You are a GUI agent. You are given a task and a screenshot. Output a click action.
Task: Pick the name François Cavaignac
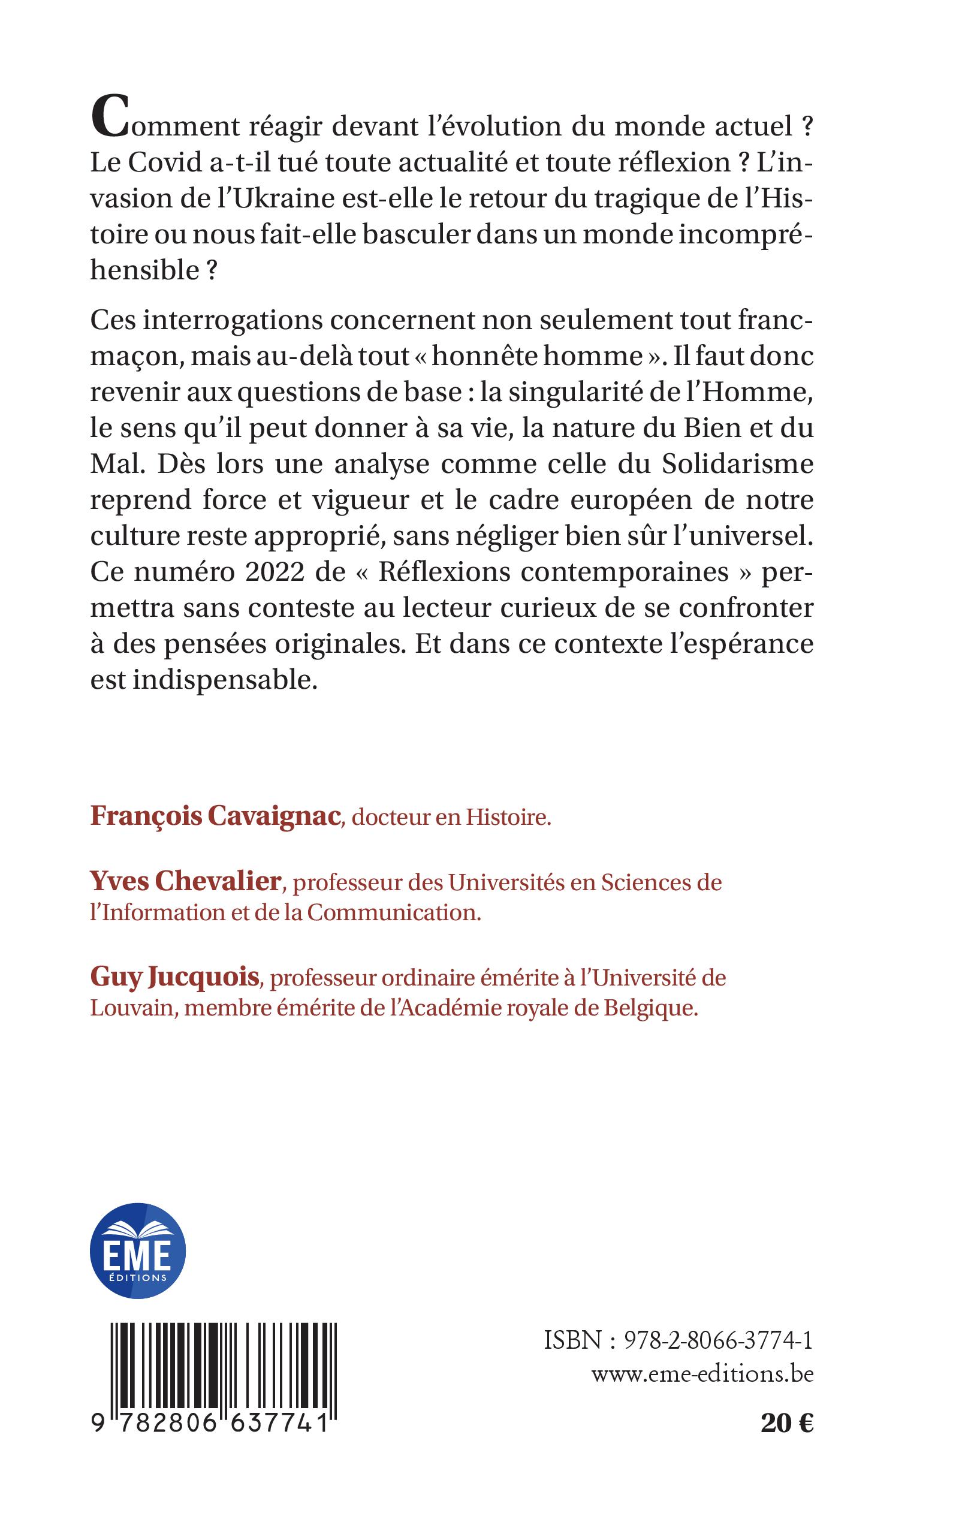(216, 816)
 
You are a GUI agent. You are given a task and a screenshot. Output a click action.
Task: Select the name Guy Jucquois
(175, 978)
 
